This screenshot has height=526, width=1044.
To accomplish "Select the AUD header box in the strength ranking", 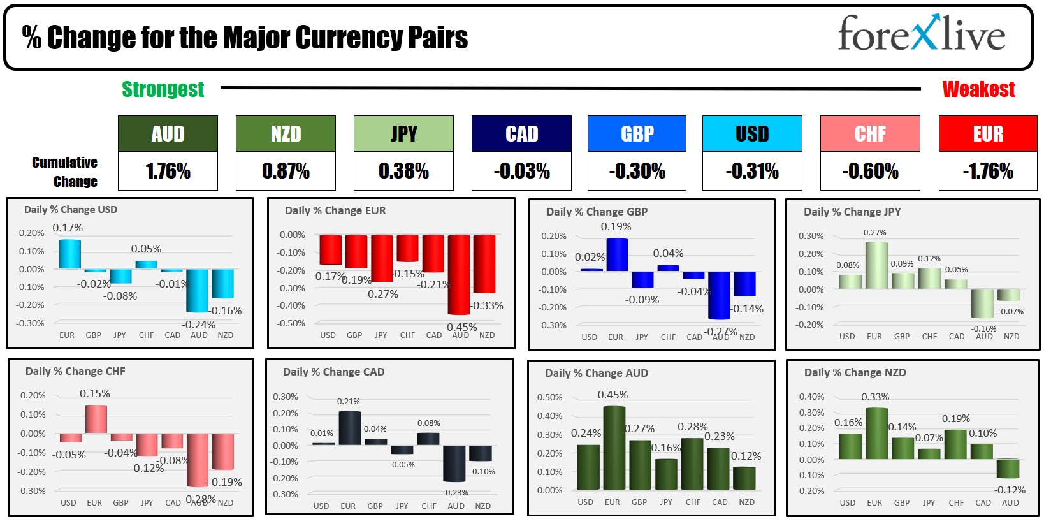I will coord(168,133).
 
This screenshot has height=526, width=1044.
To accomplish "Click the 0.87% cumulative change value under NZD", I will coord(286,171).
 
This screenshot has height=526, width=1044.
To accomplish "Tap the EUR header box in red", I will coord(987,133).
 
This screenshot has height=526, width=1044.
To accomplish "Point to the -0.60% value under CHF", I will coord(870,171).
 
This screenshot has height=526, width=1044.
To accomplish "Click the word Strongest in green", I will coord(163,89).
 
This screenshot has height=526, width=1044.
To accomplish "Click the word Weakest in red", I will coord(978,89).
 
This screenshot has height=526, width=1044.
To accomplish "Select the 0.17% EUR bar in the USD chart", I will coord(69,254).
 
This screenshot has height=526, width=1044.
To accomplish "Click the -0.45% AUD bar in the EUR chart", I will coord(459,274).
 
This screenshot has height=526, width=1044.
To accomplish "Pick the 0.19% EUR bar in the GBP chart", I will coord(617,255).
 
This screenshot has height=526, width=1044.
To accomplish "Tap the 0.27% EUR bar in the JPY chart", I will coord(876,265).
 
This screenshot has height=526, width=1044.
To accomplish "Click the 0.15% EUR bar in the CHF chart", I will coord(96,420).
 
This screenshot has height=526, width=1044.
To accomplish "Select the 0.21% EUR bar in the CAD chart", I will coord(350,428).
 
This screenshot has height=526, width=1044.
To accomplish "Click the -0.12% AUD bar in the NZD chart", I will coord(1008,469).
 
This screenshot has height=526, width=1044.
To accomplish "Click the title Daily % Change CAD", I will coord(333,372).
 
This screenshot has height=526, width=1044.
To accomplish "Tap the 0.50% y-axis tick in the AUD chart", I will coord(549,397).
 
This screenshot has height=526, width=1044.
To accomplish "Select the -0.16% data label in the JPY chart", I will coord(983,328).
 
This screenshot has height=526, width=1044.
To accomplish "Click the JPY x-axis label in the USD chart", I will coord(120,335).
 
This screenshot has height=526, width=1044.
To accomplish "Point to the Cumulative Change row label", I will coord(64,172).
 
